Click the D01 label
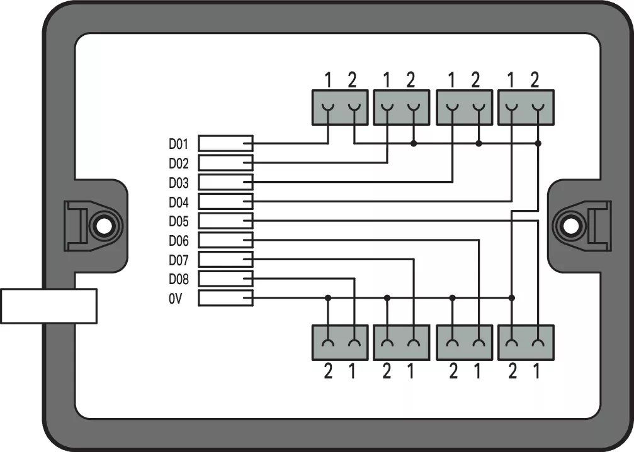[178, 144]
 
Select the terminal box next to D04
[225, 202]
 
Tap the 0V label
[174, 299]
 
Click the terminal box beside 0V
[225, 298]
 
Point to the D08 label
[178, 279]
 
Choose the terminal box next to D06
[225, 240]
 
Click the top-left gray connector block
[340, 107]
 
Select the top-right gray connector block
[525, 107]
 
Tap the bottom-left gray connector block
[340, 343]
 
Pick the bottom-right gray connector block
[525, 343]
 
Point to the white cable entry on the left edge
[48, 306]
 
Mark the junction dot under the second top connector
[413, 144]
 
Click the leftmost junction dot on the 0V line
[327, 297]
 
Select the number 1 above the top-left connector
[328, 80]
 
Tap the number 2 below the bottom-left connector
[328, 372]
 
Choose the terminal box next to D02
[225, 163]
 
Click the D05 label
[178, 221]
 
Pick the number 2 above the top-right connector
[535, 80]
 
